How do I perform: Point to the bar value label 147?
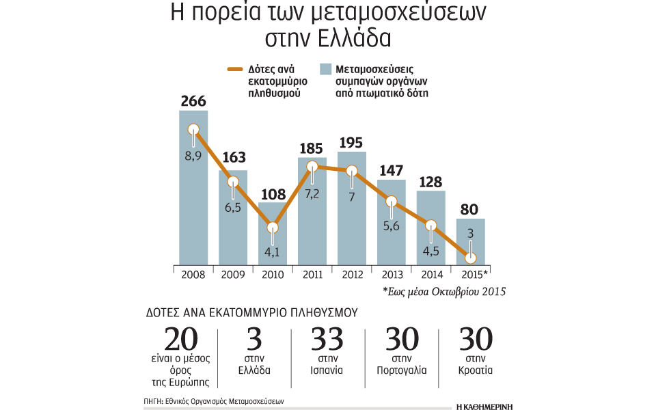coord(392,169)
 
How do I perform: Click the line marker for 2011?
coord(312,166)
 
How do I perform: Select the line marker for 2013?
coord(392,201)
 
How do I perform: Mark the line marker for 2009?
coord(233,182)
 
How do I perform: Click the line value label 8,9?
coord(193,156)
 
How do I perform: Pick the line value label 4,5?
coord(431,250)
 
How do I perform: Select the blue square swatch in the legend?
coord(327,69)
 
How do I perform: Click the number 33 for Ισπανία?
coord(329,340)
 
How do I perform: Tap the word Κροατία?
coord(476,371)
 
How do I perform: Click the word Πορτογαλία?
coord(402,371)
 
